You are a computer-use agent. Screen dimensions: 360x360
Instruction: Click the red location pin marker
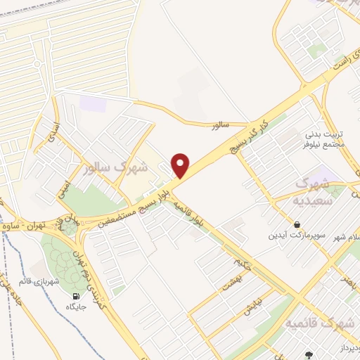(x=181, y=165)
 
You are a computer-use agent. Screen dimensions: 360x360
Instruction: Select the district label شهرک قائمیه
(x=319, y=324)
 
